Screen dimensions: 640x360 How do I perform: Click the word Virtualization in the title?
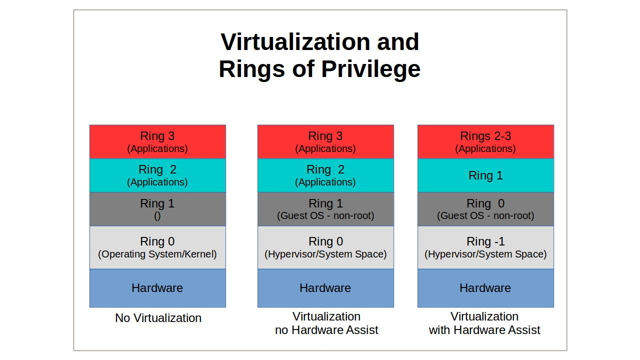point(295,42)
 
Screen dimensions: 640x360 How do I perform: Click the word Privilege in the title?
point(371,69)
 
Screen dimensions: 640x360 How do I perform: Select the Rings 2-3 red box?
point(485,141)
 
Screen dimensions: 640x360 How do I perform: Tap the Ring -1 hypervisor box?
point(485,247)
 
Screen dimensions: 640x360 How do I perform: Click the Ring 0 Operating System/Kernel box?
point(157,247)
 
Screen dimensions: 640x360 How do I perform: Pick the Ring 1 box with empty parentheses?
point(157,209)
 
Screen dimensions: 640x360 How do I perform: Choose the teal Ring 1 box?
point(485,175)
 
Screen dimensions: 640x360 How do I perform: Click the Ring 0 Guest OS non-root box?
point(485,209)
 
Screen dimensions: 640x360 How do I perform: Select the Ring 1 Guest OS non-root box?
point(325,209)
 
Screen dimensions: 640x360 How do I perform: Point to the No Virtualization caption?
point(158,318)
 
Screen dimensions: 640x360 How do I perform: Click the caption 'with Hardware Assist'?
point(484,330)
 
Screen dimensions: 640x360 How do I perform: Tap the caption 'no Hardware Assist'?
point(326,330)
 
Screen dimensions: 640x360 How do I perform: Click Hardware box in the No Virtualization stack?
point(157,288)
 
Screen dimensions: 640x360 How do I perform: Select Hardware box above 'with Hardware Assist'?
point(485,288)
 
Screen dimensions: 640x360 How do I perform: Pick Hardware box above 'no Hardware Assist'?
point(325,288)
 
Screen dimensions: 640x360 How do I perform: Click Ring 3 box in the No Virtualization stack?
point(157,141)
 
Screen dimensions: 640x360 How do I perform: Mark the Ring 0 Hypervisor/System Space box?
point(325,247)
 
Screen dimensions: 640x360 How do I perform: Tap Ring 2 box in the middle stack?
point(325,175)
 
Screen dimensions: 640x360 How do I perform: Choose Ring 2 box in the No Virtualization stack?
point(157,175)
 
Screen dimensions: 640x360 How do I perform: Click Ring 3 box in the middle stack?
point(325,141)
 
